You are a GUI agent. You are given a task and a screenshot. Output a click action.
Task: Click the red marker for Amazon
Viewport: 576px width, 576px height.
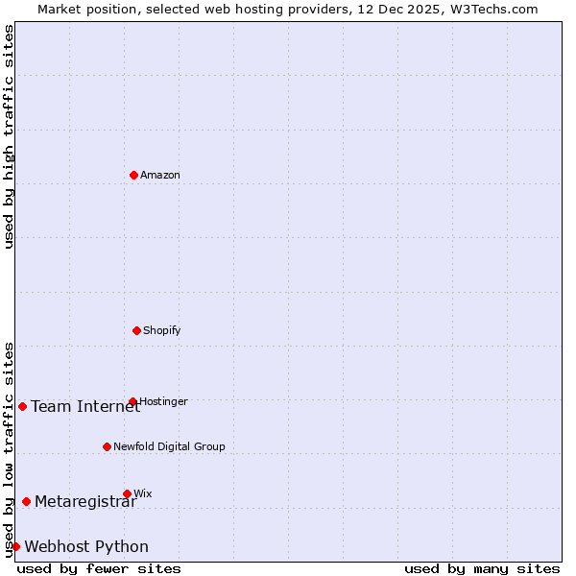coord(133,175)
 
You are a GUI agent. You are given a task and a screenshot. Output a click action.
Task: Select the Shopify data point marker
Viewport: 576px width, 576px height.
coord(136,330)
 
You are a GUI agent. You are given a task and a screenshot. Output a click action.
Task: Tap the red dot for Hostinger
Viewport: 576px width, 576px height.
coord(132,401)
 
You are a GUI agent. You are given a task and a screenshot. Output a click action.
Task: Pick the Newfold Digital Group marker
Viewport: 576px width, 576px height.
coord(107,446)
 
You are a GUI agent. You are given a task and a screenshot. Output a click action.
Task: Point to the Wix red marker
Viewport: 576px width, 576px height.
coord(127,493)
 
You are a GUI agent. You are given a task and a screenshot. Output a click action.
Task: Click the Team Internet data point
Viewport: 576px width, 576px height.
coord(22,406)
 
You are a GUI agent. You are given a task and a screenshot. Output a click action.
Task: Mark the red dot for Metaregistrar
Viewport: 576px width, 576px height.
coord(26,501)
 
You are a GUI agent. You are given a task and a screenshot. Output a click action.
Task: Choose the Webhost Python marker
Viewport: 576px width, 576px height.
coord(15,546)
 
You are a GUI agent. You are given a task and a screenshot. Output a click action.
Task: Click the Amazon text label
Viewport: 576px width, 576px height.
coord(160,175)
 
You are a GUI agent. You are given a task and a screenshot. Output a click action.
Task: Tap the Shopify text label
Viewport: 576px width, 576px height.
coord(162,330)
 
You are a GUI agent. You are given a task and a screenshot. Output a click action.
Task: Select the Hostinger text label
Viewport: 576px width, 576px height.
coord(163,401)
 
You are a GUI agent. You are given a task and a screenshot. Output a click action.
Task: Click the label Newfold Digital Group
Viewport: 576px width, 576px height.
coord(169,446)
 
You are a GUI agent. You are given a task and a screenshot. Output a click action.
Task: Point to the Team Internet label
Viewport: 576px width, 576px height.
coord(85,406)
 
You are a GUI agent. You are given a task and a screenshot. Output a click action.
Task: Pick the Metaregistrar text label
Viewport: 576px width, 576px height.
coord(85,501)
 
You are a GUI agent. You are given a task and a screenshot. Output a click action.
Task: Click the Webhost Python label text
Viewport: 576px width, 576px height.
coord(86,546)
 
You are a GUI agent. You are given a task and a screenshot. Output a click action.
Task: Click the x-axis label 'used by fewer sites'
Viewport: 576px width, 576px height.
coord(99,568)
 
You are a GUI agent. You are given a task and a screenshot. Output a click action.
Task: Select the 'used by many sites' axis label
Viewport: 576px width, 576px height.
coord(482,568)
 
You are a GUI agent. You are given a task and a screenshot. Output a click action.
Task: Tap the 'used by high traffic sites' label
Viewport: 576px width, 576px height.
coord(9,136)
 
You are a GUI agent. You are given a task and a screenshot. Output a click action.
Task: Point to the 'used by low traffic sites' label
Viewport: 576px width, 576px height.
coord(9,449)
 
